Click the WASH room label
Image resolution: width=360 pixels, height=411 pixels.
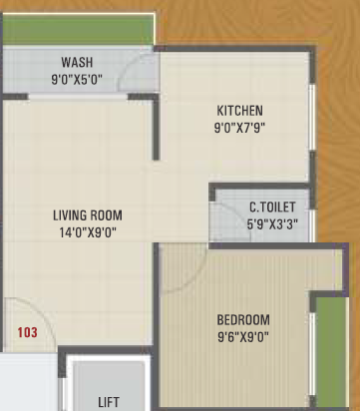point(77,61)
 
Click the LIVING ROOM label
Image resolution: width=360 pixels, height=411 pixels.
point(89,215)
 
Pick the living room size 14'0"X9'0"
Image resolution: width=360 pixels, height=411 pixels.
point(89,231)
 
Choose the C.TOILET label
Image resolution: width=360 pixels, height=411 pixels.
point(272,207)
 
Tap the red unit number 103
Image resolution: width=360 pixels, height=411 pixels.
point(28,331)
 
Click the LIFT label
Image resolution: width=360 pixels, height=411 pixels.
point(109,402)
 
